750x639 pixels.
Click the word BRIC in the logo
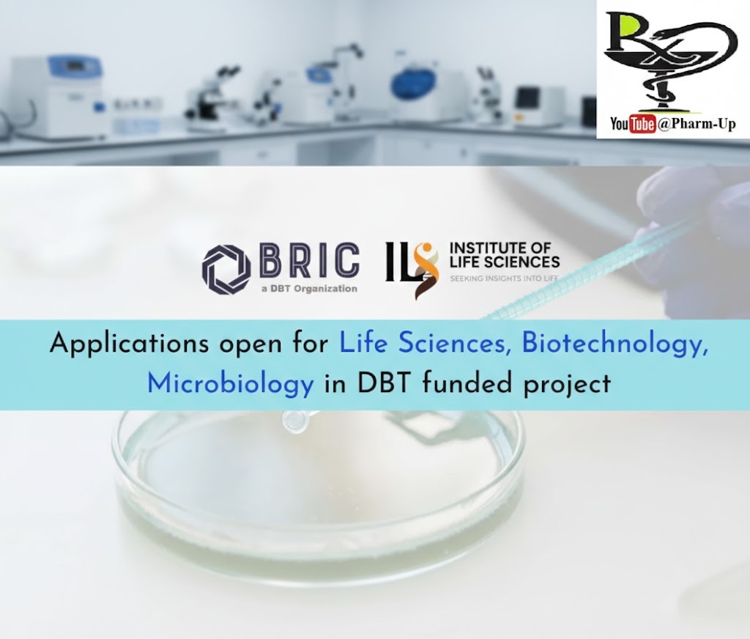[310, 260]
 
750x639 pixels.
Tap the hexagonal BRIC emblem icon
[226, 269]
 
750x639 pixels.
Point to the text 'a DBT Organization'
[310, 289]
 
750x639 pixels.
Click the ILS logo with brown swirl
[412, 270]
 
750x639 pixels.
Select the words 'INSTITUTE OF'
[500, 248]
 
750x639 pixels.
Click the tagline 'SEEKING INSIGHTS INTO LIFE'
[504, 278]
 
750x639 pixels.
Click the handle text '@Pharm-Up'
[697, 125]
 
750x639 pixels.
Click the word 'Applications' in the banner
[129, 344]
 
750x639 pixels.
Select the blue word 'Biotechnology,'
[615, 344]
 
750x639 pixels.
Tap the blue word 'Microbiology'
[230, 385]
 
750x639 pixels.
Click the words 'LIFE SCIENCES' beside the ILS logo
[505, 262]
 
